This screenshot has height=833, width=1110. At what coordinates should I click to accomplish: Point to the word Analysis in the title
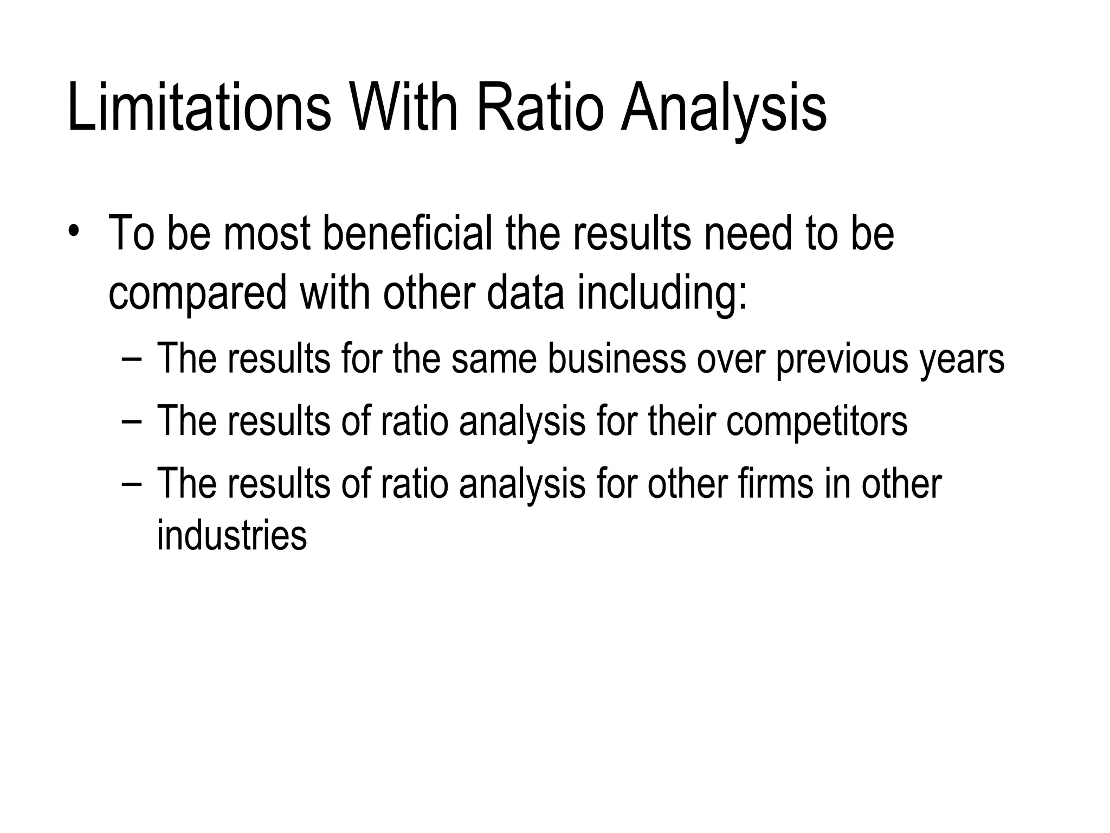click(724, 111)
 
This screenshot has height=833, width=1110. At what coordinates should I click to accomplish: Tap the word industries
click(232, 535)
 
